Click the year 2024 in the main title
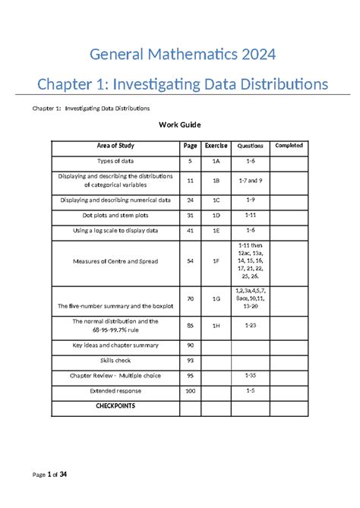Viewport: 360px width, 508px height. click(256, 55)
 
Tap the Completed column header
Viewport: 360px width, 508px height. click(289, 145)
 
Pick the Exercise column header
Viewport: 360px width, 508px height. click(216, 146)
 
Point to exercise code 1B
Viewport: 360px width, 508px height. click(216, 181)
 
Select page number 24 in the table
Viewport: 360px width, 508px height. click(190, 200)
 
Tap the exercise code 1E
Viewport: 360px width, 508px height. click(216, 230)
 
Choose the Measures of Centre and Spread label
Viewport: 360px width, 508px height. click(115, 261)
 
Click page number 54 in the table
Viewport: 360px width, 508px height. click(190, 261)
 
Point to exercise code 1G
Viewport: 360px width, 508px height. click(216, 299)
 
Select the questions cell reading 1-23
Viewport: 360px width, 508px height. click(250, 326)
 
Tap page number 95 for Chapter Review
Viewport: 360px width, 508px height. click(190, 376)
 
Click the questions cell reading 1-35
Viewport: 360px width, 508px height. click(250, 375)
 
